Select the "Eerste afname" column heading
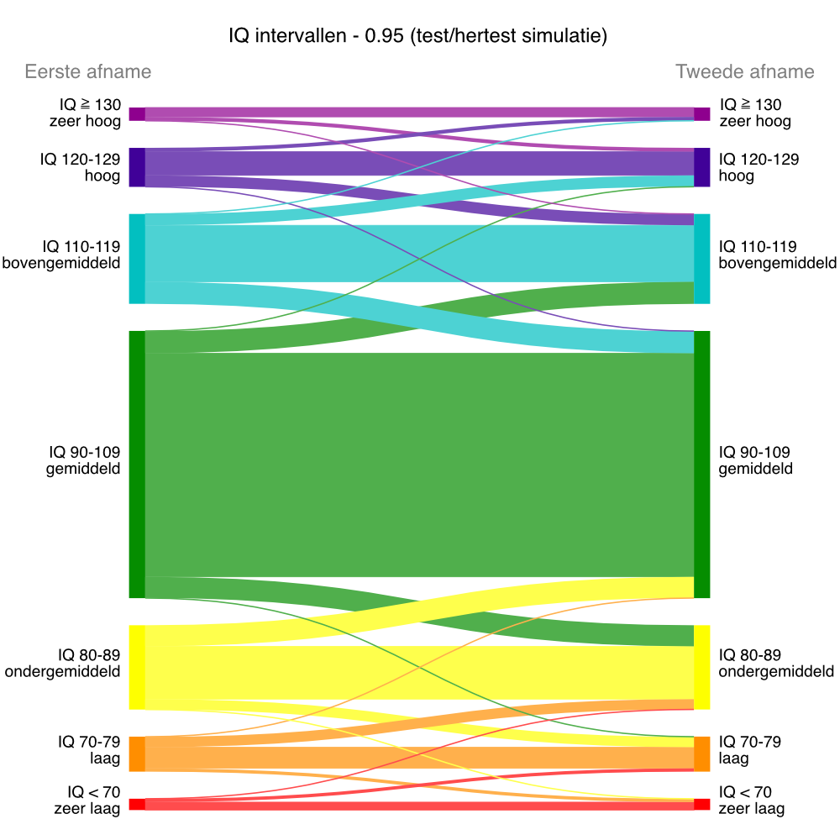[88, 71]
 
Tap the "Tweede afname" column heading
[745, 71]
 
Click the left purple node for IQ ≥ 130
[137, 114]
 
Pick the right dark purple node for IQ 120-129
[702, 167]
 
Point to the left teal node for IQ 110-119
[137, 259]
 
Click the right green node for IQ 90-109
[702, 465]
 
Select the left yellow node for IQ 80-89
[137, 667]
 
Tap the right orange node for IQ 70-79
[702, 753]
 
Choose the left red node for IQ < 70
[137, 804]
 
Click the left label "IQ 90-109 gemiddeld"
[83, 460]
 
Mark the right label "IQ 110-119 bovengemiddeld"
[777, 255]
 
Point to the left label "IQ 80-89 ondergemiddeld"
[63, 663]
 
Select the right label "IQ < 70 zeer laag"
[752, 801]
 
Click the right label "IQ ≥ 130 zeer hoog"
[754, 113]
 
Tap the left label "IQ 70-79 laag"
[89, 750]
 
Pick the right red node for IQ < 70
[702, 804]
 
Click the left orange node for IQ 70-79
[137, 753]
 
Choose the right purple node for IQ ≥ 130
[702, 114]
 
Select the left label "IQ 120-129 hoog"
[80, 167]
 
